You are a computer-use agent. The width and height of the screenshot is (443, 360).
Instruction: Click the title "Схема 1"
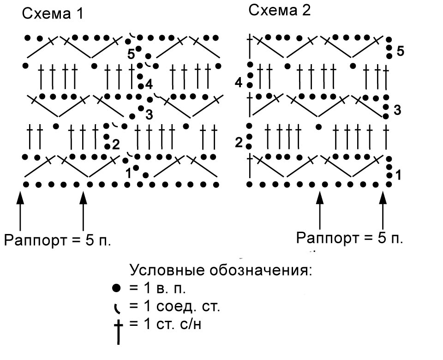pos(53,13)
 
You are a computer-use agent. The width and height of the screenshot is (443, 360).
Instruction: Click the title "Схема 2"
pos(280,11)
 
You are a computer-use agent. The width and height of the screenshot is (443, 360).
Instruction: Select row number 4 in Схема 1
pos(149,84)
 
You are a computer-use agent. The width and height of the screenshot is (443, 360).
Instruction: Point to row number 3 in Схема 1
pos(149,115)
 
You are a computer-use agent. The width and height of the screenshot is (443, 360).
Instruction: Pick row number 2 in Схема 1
pos(116,144)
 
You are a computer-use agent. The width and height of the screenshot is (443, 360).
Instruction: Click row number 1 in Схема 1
pos(129,174)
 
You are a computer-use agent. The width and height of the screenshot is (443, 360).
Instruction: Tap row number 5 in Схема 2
pos(401,51)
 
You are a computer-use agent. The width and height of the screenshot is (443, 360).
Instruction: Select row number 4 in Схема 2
pos(239,83)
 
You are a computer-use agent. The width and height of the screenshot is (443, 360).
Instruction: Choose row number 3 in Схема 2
pos(397,110)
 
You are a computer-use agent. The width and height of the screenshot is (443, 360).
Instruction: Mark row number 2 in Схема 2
pos(239,143)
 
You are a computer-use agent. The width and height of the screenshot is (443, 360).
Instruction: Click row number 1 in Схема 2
pos(398,175)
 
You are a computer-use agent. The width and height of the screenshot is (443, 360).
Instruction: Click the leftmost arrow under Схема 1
pos(20,211)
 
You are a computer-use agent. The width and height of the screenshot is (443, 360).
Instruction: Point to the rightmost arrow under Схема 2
pos(383,210)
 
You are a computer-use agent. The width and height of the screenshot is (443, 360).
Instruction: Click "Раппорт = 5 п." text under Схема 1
pos(57,240)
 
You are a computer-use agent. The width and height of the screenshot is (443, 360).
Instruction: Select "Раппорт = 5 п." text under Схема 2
pos(349,238)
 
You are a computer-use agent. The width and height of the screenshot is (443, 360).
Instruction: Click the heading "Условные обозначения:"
pos(221,270)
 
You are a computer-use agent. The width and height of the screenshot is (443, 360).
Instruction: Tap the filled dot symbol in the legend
pos(116,288)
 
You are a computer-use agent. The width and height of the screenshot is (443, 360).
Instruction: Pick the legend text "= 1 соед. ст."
pos(174,306)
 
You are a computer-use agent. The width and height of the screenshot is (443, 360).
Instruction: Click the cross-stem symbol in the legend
pos(118,332)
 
